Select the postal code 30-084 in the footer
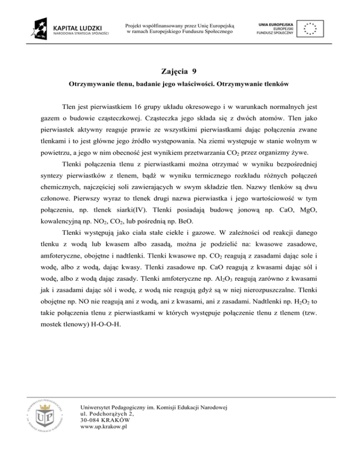[x=91, y=421]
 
